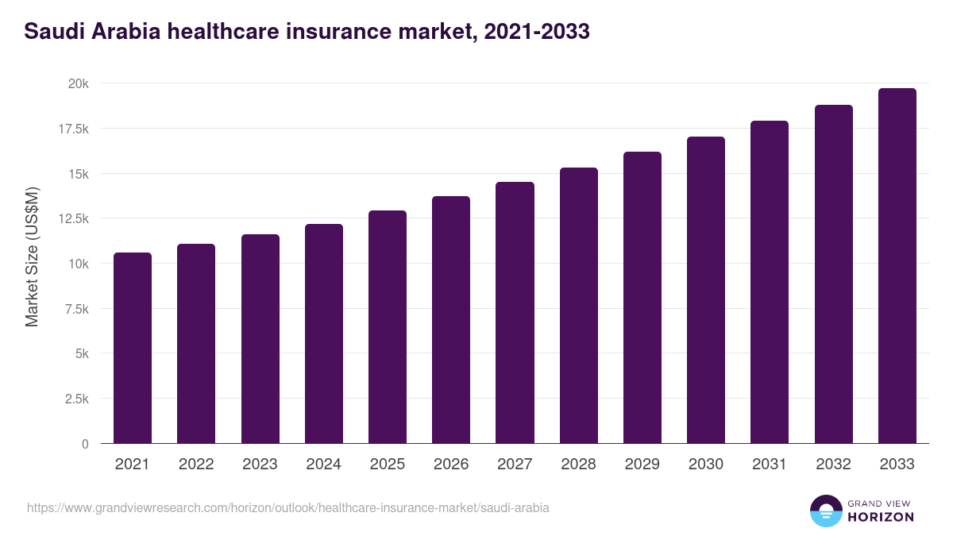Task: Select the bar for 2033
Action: (897, 266)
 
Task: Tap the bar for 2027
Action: (515, 313)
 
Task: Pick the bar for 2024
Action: (324, 334)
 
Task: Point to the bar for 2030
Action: (706, 290)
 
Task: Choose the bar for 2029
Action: (642, 298)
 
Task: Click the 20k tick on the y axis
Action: (77, 84)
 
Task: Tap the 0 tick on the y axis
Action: (84, 444)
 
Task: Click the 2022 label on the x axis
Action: (196, 465)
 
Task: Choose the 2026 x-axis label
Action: (451, 465)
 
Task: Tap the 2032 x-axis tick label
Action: (833, 465)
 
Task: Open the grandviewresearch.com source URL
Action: (287, 507)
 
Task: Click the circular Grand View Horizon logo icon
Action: (825, 511)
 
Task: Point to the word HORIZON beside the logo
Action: (881, 517)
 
